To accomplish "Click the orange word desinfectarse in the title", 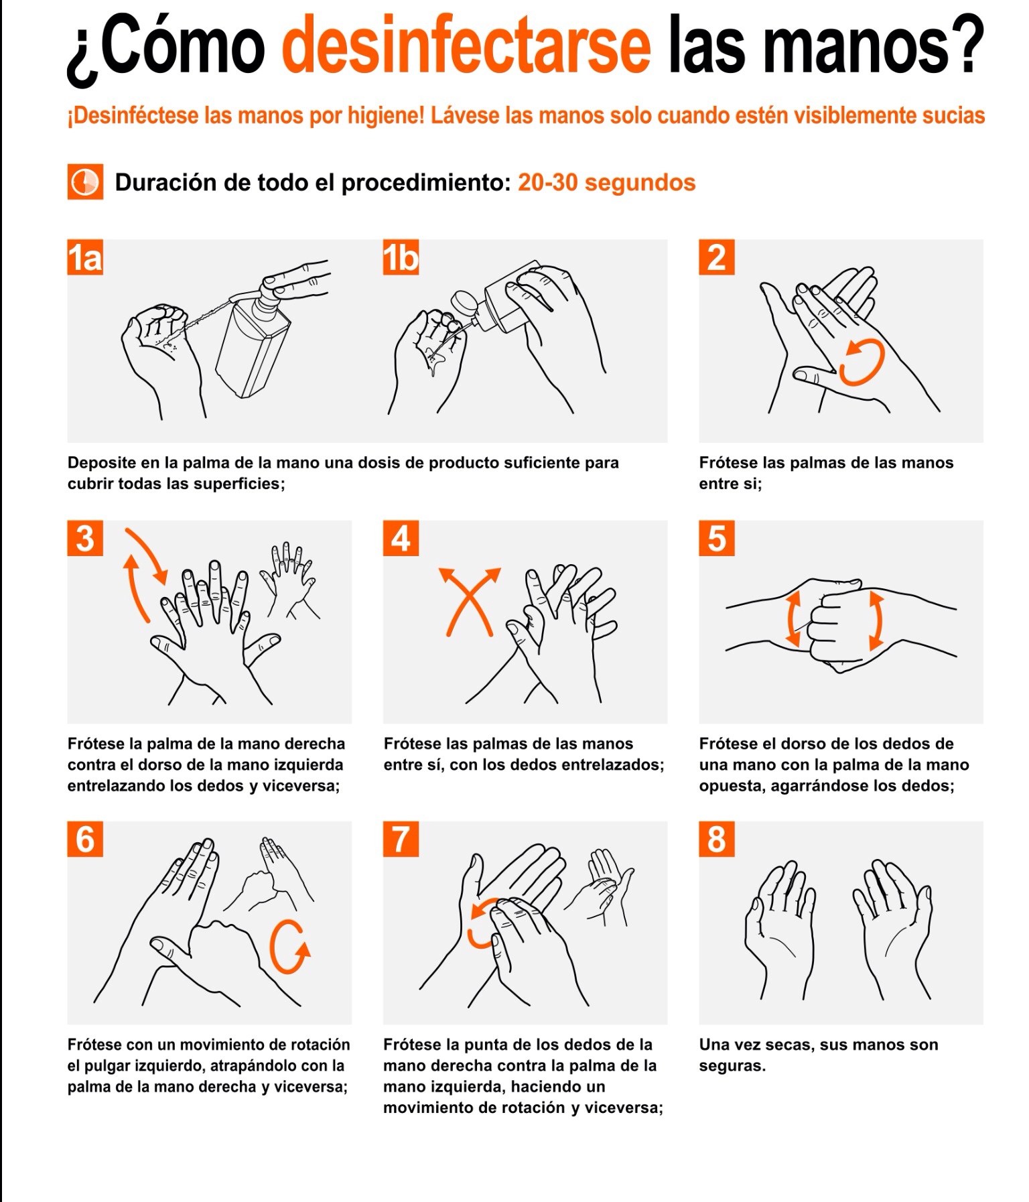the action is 466,45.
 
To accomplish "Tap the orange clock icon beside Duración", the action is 85,182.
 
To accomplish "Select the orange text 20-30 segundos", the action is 606,182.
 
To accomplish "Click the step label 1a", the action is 85,257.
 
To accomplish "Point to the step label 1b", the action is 401,257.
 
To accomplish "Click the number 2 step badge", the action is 717,257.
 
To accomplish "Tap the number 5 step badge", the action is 717,538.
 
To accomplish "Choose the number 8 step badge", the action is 717,839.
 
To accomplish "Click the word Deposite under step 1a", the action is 103,463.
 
